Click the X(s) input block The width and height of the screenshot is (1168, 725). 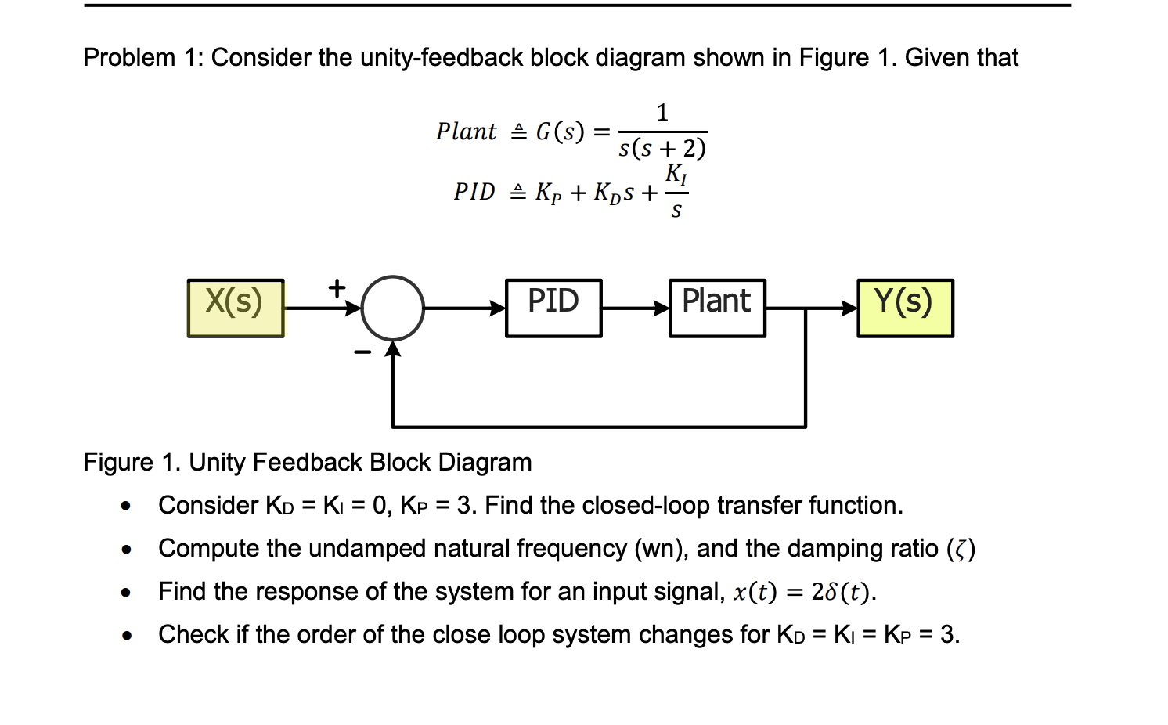pyautogui.click(x=236, y=308)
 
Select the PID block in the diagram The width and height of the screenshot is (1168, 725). pyautogui.click(x=553, y=308)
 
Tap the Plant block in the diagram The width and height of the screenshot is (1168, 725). pyautogui.click(x=717, y=308)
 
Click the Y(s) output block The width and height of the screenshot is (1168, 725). pyautogui.click(x=905, y=308)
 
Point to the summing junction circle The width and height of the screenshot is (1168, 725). pyautogui.click(x=393, y=308)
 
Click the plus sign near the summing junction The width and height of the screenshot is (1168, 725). pyautogui.click(x=337, y=288)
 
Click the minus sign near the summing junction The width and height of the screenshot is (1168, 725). pyautogui.click(x=362, y=352)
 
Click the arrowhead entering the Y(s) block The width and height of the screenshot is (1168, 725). pyautogui.click(x=849, y=308)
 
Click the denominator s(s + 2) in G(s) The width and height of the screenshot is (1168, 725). pyautogui.click(x=662, y=148)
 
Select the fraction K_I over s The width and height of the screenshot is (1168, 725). pyautogui.click(x=676, y=192)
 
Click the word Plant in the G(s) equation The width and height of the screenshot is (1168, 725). pyautogui.click(x=466, y=132)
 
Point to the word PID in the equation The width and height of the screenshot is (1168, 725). pyautogui.click(x=474, y=192)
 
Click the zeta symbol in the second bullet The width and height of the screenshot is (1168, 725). pyautogui.click(x=961, y=550)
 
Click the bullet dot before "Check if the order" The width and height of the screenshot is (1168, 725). pyautogui.click(x=126, y=636)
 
